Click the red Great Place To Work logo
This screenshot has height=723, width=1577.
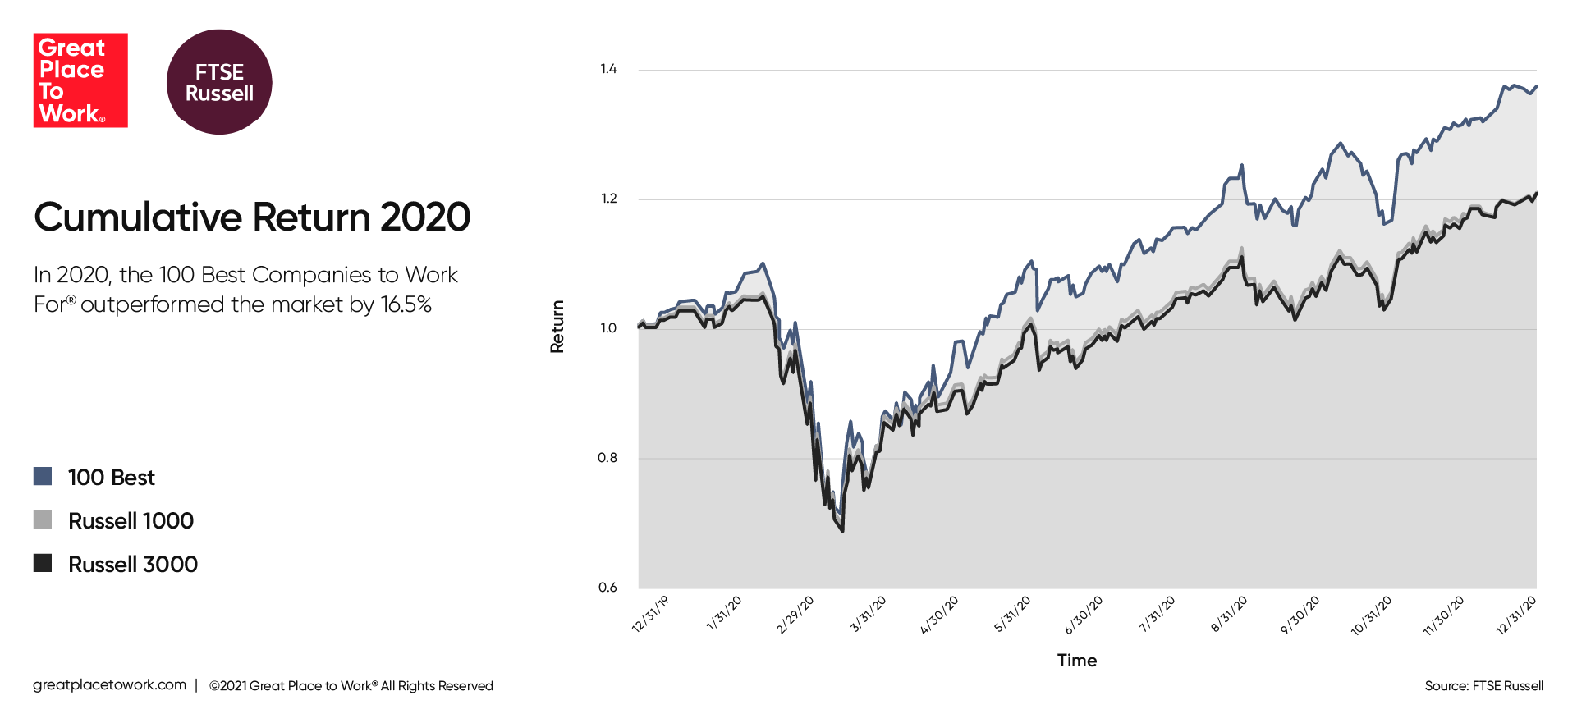coord(80,80)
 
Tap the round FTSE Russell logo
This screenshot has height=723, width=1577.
coord(219,82)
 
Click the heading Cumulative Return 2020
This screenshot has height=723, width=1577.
coord(252,217)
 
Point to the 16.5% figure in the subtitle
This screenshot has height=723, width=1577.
coord(406,304)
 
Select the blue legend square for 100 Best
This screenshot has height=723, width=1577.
coord(43,476)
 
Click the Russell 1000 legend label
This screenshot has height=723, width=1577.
coord(131,520)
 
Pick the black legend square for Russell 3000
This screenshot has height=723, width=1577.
coord(43,563)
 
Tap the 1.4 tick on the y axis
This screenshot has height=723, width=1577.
coord(608,69)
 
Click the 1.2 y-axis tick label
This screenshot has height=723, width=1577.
coord(608,199)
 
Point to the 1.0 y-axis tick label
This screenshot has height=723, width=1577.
coord(607,328)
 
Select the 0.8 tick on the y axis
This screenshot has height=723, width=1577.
coord(607,458)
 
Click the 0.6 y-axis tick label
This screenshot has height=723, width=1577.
coord(607,588)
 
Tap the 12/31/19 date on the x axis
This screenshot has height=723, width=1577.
coord(650,615)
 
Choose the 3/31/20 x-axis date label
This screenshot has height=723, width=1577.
coord(868,615)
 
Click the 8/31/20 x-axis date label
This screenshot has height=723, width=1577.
coord(1229,615)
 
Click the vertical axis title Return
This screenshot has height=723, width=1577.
coord(557,327)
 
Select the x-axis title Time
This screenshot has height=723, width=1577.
coord(1077,661)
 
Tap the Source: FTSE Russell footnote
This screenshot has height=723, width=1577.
coord(1484,686)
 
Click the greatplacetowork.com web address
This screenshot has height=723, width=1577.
coord(110,685)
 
